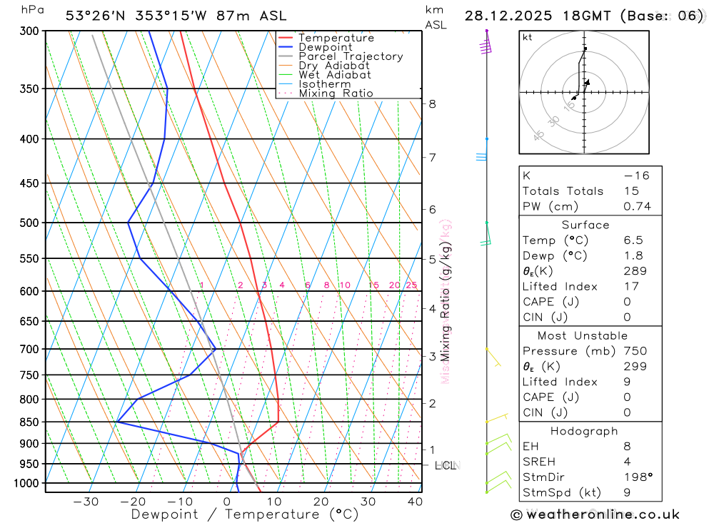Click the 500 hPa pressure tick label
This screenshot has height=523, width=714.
click(x=29, y=223)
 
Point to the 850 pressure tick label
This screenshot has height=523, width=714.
click(x=29, y=422)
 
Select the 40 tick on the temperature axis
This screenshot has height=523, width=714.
click(x=415, y=502)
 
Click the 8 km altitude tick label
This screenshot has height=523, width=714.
click(x=432, y=103)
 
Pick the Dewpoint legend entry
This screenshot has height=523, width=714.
click(x=325, y=47)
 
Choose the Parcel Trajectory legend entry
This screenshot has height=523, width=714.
click(x=350, y=56)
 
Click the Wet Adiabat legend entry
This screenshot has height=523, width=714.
click(x=334, y=75)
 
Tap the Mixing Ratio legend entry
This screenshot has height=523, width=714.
click(x=336, y=93)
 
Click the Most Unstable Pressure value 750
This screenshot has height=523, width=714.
click(x=635, y=351)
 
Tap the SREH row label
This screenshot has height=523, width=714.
click(x=538, y=462)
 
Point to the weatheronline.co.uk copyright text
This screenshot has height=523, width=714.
click(x=595, y=514)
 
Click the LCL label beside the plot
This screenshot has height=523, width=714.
click(x=446, y=466)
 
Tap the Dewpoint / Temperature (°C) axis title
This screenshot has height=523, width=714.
click(x=245, y=514)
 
